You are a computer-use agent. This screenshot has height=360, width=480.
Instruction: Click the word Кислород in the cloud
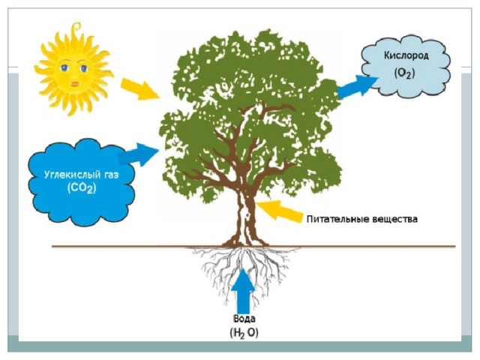406,55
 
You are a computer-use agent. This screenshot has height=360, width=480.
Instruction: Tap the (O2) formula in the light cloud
405,73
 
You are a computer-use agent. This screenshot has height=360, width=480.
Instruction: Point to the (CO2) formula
82,188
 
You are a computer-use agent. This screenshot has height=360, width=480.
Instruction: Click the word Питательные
337,219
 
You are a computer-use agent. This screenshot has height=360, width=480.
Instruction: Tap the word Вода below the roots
244,319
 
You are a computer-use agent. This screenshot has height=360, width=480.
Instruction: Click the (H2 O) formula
244,332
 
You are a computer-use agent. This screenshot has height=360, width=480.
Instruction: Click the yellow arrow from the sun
140,89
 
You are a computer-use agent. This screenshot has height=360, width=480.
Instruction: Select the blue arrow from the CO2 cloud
138,154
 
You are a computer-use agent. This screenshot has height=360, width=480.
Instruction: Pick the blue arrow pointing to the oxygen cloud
357,87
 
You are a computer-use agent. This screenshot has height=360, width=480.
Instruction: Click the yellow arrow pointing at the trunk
278,210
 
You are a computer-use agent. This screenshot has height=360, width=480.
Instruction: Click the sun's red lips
75,83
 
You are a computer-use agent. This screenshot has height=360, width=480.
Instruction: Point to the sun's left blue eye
64,68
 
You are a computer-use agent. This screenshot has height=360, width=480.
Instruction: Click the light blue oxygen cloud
406,66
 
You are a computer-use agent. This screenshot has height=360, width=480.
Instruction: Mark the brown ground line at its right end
455,246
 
